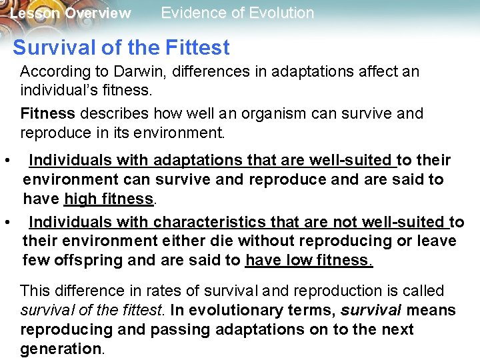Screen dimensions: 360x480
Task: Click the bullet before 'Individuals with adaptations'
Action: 7,161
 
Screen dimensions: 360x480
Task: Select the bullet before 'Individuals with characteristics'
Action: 7,221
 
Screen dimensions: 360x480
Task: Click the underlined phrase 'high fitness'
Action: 109,199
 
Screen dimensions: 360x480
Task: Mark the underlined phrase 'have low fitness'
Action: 309,260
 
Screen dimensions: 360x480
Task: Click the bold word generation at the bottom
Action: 60,349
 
